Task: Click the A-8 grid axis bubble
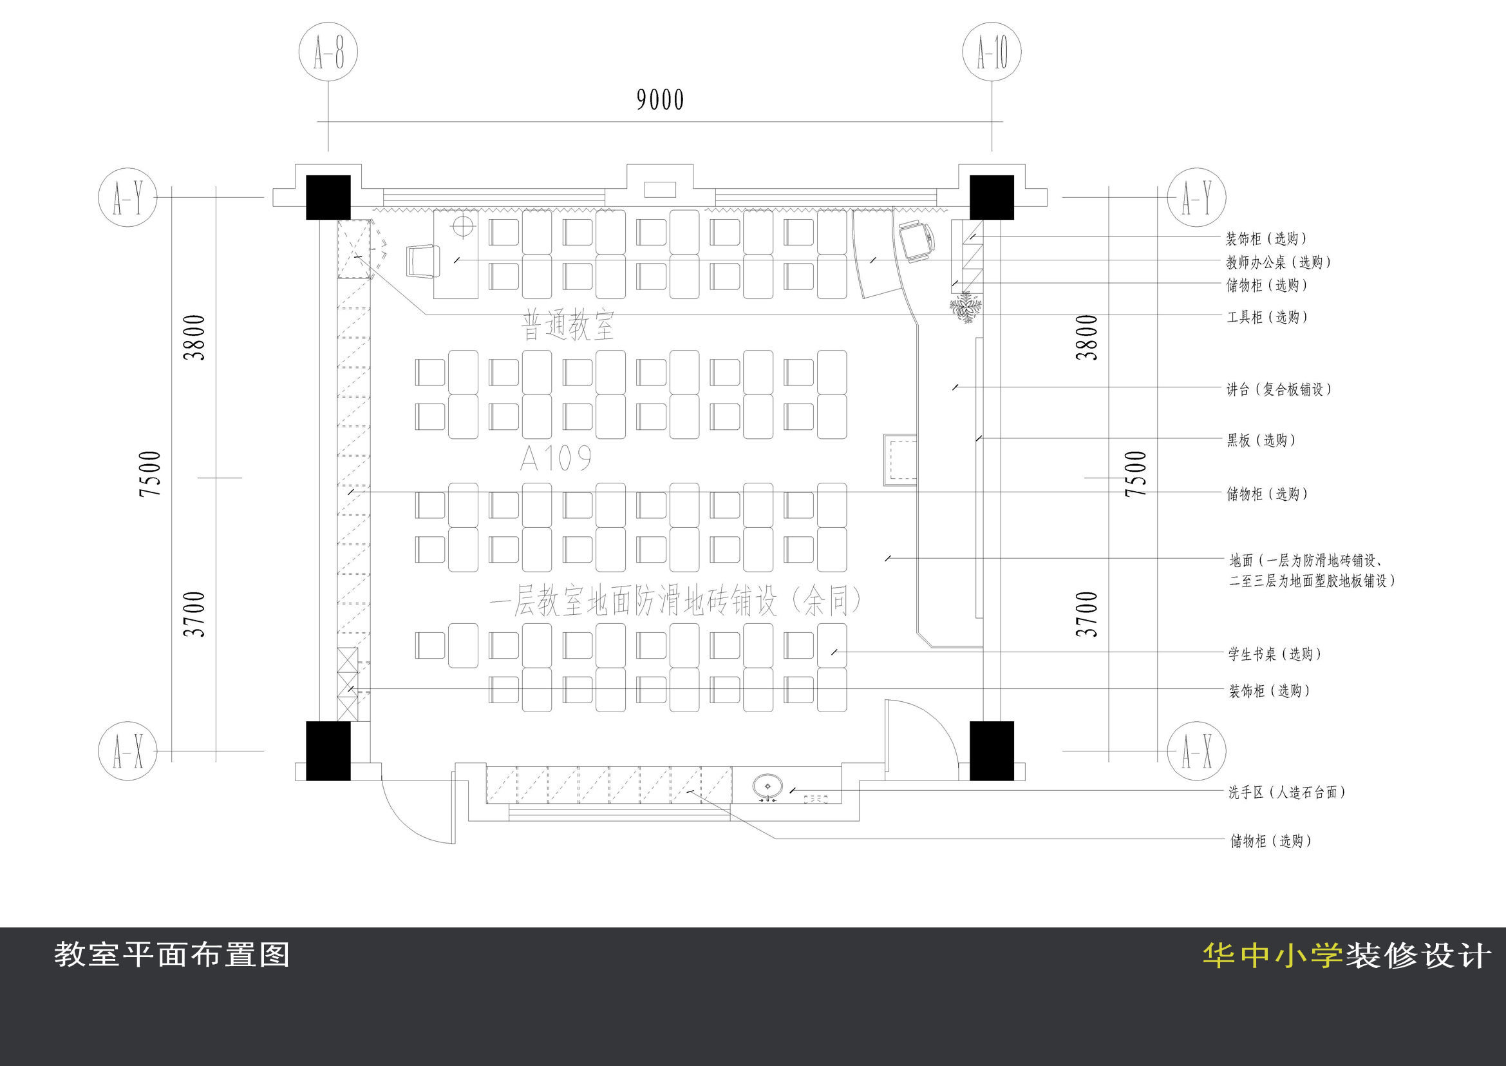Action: pos(328,52)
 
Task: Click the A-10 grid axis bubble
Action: pos(991,52)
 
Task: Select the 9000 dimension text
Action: pos(660,101)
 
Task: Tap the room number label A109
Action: pos(556,458)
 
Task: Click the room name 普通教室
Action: pos(567,325)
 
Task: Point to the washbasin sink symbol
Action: pos(767,786)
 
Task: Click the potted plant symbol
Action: pos(966,307)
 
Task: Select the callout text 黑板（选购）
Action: pos(1261,440)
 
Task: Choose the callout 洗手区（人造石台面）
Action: pos(1286,792)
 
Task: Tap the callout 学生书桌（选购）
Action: pos(1274,654)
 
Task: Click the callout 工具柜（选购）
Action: pos(1267,317)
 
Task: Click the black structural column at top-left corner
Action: pos(328,197)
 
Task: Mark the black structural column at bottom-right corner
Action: pos(991,750)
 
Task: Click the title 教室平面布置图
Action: pos(172,955)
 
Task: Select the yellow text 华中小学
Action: pos(1272,956)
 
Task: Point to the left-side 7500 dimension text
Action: pos(150,473)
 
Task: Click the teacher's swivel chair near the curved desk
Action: pos(916,241)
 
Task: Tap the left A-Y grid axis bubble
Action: pos(127,197)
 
